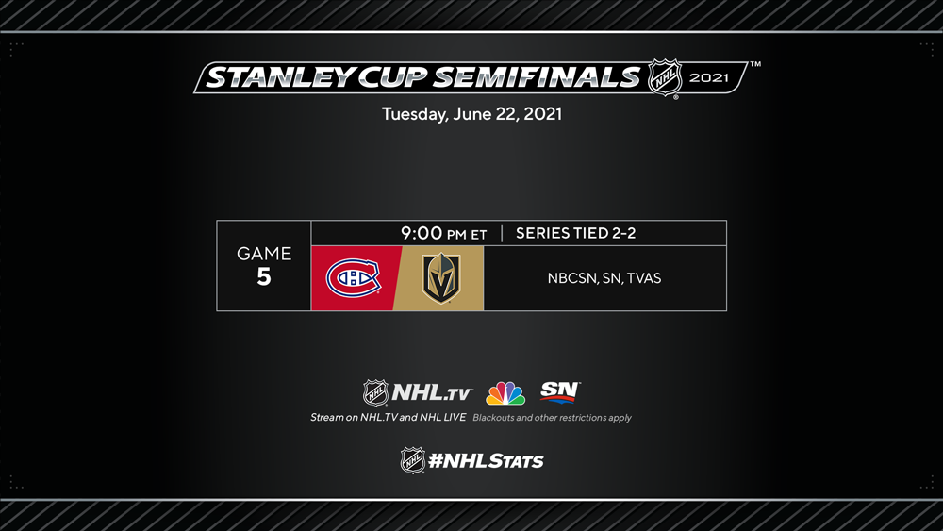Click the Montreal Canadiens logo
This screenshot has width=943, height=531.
click(x=353, y=278)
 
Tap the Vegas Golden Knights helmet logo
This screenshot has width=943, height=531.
click(x=440, y=278)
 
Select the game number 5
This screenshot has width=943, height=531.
click(x=263, y=276)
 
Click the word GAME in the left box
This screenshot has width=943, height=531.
click(x=264, y=253)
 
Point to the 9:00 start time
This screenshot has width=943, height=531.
click(x=422, y=233)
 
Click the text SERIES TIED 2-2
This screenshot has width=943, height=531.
click(x=575, y=233)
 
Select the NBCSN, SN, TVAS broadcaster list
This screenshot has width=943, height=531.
click(x=604, y=278)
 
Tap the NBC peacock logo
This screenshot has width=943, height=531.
click(x=505, y=393)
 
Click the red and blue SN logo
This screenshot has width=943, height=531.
click(x=560, y=391)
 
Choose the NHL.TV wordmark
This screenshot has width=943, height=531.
click(x=432, y=392)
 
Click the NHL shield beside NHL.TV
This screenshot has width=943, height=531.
click(x=375, y=392)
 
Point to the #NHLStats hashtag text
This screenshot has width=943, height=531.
click(x=486, y=461)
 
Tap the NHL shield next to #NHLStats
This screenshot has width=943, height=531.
click(x=413, y=460)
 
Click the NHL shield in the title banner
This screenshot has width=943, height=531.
click(x=665, y=77)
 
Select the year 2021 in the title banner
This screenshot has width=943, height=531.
click(x=709, y=77)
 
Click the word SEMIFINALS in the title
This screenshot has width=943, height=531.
click(x=538, y=77)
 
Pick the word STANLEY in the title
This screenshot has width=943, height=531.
click(x=280, y=77)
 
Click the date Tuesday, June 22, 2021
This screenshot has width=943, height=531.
click(x=472, y=114)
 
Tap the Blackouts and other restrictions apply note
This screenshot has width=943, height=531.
click(x=552, y=417)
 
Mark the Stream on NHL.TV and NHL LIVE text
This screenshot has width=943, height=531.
click(x=388, y=417)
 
